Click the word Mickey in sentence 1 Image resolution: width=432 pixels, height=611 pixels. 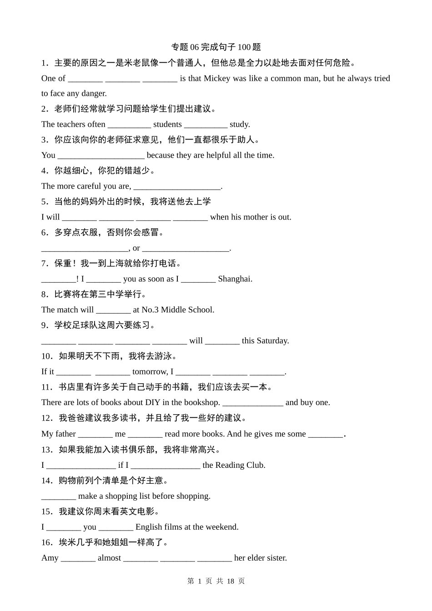pos(217,78)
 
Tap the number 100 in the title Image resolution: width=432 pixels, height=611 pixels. pos(244,47)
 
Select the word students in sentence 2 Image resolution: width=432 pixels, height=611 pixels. pos(167,124)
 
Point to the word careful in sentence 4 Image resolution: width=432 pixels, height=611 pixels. pos(89,186)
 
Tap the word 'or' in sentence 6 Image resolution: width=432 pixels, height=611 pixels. pos(136,248)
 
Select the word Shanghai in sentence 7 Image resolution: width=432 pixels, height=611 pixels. pos(235,279)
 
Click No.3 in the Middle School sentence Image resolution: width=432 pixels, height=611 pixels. pos(150,310)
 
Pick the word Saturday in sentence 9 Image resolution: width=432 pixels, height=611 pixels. pos(272,341)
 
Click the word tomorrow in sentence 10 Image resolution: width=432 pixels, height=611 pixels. pos(150,371)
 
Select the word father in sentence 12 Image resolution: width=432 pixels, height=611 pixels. pos(65,434)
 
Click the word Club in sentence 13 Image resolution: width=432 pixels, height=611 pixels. pos(256,465)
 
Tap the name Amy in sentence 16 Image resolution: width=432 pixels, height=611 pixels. pos(50,558)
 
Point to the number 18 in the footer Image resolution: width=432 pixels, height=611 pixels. pos(230,581)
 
